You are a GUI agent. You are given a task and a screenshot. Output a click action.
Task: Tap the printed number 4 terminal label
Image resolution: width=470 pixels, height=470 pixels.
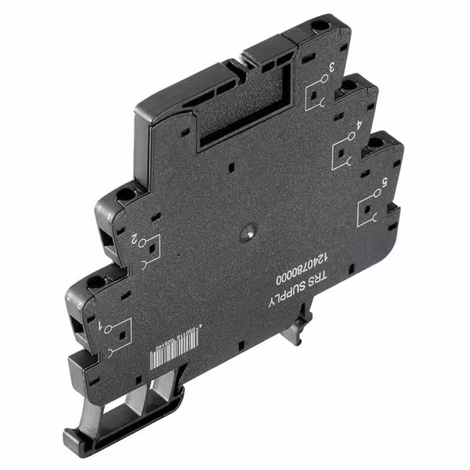pyautogui.click(x=359, y=124)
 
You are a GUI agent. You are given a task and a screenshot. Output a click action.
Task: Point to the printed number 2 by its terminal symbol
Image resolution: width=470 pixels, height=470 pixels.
pyautogui.click(x=134, y=239)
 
